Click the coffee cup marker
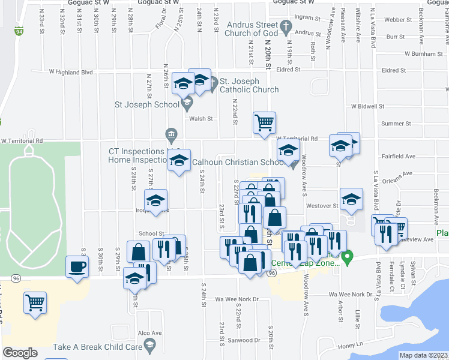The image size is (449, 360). pyautogui.click(x=77, y=266)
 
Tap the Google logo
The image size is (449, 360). pyautogui.click(x=20, y=352)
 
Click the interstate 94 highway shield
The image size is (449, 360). pyautogui.click(x=20, y=31)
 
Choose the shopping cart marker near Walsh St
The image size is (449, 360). pyautogui.click(x=264, y=124)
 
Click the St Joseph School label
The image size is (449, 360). pyautogui.click(x=147, y=104)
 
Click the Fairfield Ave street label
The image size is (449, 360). pyautogui.click(x=399, y=156)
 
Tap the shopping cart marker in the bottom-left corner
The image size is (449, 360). pyautogui.click(x=35, y=304)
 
